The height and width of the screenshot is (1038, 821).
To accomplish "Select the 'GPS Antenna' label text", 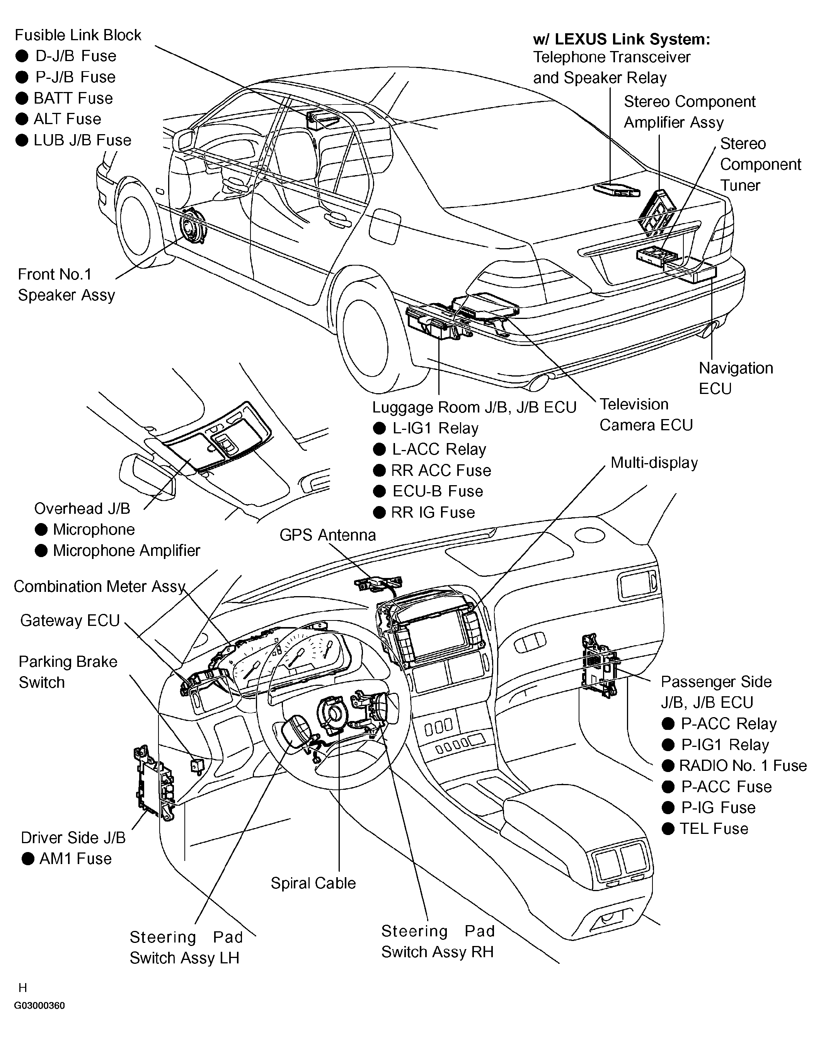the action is (328, 535).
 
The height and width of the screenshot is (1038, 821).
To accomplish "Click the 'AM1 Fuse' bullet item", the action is (67, 858).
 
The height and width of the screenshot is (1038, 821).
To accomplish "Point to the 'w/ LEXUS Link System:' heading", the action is (622, 39).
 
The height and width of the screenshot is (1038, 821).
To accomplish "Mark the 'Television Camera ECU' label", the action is (646, 414).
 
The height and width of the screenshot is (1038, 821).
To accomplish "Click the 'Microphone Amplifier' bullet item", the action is (118, 550).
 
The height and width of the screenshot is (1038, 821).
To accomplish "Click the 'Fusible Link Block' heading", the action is (78, 35).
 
